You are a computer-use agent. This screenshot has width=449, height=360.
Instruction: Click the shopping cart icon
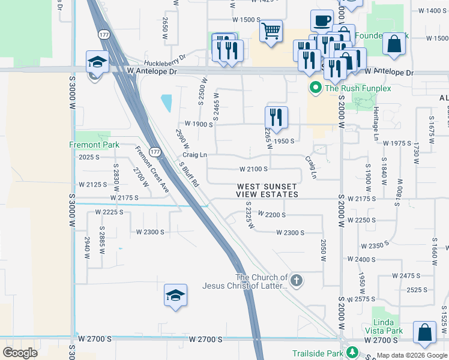[271, 30]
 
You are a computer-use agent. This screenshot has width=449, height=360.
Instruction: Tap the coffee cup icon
[322, 21]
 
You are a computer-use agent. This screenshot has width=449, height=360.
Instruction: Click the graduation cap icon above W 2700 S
[175, 296]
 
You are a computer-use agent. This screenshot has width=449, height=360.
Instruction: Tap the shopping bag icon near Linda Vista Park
[425, 334]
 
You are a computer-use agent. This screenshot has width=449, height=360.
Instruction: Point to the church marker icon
[295, 280]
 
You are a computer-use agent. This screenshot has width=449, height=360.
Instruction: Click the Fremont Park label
[94, 145]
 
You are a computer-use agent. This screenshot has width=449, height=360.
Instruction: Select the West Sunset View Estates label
[267, 191]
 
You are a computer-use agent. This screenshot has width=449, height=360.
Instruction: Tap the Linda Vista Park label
[384, 326]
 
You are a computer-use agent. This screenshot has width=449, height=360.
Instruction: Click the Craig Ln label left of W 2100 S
[194, 155]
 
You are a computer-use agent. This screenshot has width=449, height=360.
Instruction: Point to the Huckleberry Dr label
[165, 62]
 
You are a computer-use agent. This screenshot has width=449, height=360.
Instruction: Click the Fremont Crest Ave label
[152, 169]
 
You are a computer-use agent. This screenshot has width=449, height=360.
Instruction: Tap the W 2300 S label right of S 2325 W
[291, 233]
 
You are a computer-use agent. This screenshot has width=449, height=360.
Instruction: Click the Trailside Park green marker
[354, 353]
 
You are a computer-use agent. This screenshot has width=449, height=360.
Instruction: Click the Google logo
[20, 353]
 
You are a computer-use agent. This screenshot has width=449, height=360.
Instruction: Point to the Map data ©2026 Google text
[411, 355]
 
